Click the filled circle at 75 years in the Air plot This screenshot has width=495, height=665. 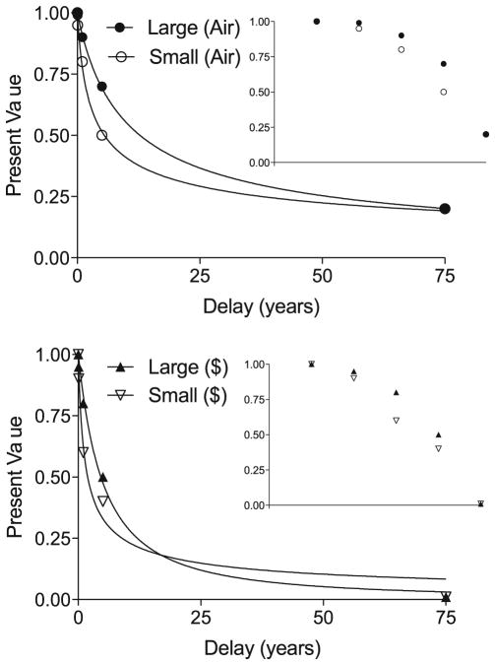(445, 208)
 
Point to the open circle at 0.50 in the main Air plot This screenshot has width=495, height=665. (102, 135)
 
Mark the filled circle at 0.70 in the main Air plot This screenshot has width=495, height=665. (102, 87)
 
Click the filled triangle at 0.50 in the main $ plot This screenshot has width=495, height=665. (103, 477)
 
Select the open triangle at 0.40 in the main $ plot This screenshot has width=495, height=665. (103, 500)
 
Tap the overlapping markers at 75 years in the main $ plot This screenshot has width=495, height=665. (446, 597)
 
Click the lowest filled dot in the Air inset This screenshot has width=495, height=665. (486, 134)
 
